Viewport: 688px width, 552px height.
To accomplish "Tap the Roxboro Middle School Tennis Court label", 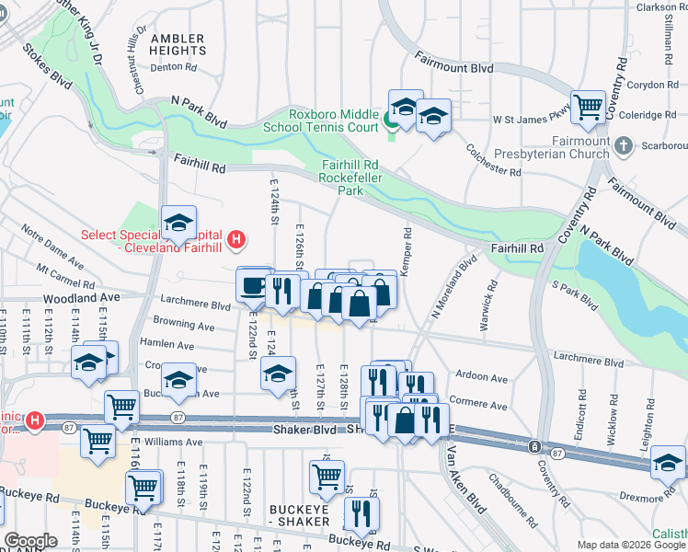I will click(334, 121).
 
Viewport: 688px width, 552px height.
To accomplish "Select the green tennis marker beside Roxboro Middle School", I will click(391, 120).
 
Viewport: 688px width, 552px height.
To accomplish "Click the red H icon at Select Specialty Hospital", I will click(236, 241).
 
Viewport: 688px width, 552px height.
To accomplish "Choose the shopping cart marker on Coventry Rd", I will click(587, 106).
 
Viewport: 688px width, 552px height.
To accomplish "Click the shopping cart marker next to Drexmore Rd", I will click(669, 463).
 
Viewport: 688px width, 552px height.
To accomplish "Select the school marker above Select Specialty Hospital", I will click(179, 222).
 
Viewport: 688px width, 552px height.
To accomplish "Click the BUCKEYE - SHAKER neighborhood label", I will click(299, 514).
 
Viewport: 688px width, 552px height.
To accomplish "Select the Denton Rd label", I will click(174, 67).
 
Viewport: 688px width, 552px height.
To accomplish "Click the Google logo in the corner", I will click(30, 541).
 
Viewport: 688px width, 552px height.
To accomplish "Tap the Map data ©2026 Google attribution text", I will click(630, 545).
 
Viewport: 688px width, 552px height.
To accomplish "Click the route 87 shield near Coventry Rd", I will click(557, 452).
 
